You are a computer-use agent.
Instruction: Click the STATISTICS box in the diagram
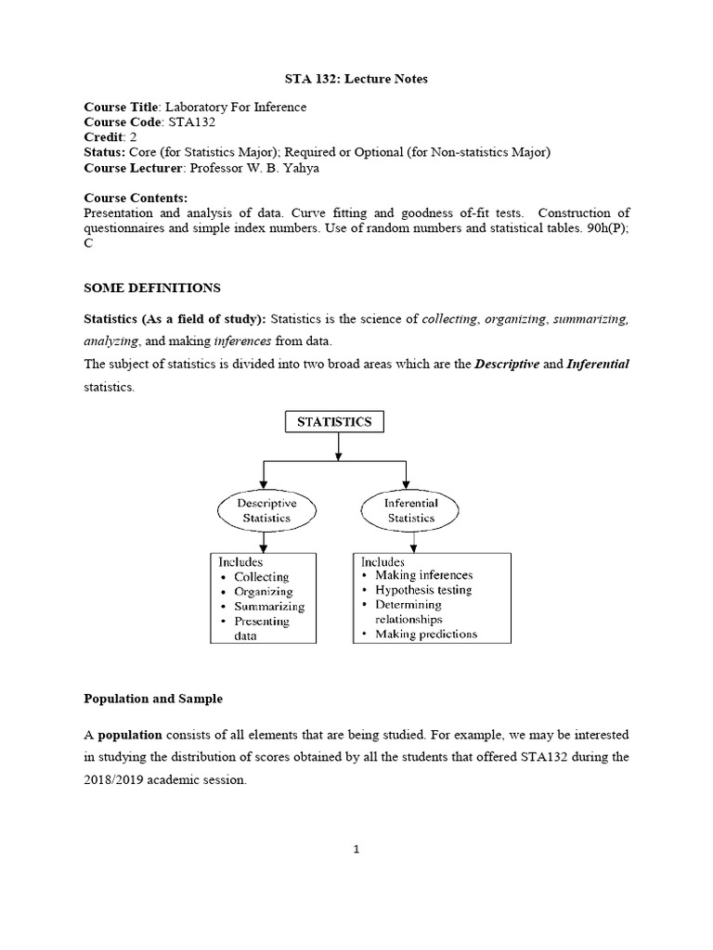tap(333, 421)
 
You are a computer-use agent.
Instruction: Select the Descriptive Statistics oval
tap(266, 510)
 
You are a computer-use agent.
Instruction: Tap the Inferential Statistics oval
tap(411, 510)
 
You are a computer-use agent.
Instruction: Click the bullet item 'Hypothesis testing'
tap(422, 589)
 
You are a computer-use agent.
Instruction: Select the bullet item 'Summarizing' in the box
tap(269, 607)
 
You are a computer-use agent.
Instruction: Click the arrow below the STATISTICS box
tap(338, 447)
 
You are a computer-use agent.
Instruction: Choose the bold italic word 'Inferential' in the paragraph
tap(598, 365)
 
